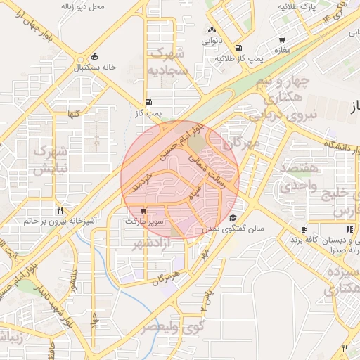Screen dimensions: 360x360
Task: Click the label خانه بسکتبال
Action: (x=106, y=68)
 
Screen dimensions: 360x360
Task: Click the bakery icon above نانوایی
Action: (x=212, y=30)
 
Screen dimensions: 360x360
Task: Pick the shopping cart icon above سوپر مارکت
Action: (x=143, y=210)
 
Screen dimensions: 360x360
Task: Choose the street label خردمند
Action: (x=147, y=178)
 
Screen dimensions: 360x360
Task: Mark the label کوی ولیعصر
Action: (x=173, y=327)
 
